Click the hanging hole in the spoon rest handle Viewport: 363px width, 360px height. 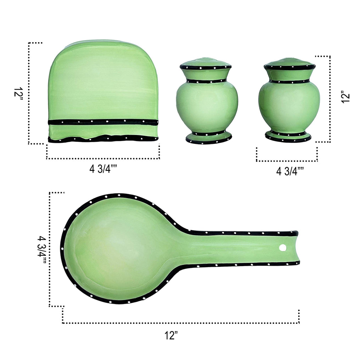[x=283, y=248]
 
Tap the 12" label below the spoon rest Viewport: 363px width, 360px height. [x=171, y=335]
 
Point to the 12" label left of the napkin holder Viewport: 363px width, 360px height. [x=18, y=95]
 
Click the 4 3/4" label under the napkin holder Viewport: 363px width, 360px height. [x=103, y=169]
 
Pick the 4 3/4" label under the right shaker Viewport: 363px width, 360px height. [x=290, y=171]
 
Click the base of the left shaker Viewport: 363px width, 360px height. [x=209, y=137]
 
